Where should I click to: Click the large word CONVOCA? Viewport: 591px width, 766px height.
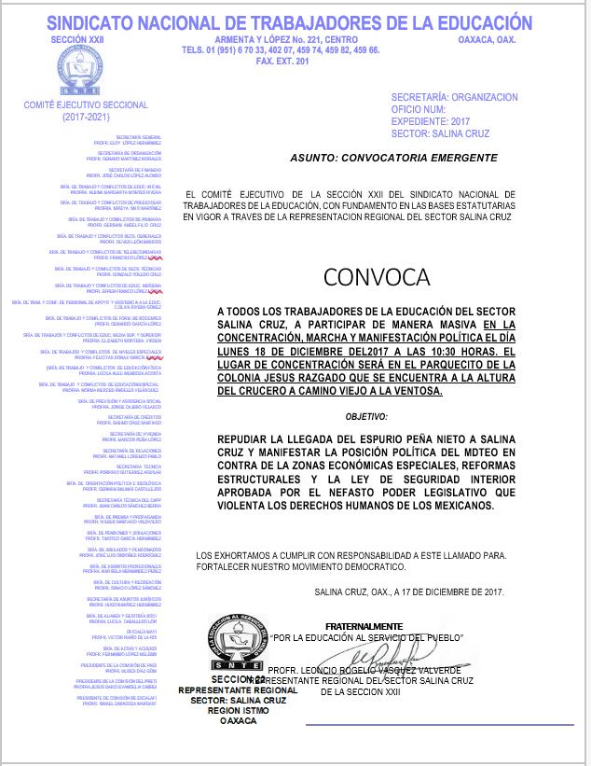click(x=377, y=276)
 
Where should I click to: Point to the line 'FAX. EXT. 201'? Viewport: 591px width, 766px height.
click(x=281, y=61)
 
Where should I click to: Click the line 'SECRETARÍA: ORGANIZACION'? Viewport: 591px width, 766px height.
click(x=454, y=97)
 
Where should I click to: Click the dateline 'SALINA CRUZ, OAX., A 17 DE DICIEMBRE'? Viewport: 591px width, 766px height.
click(x=408, y=592)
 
